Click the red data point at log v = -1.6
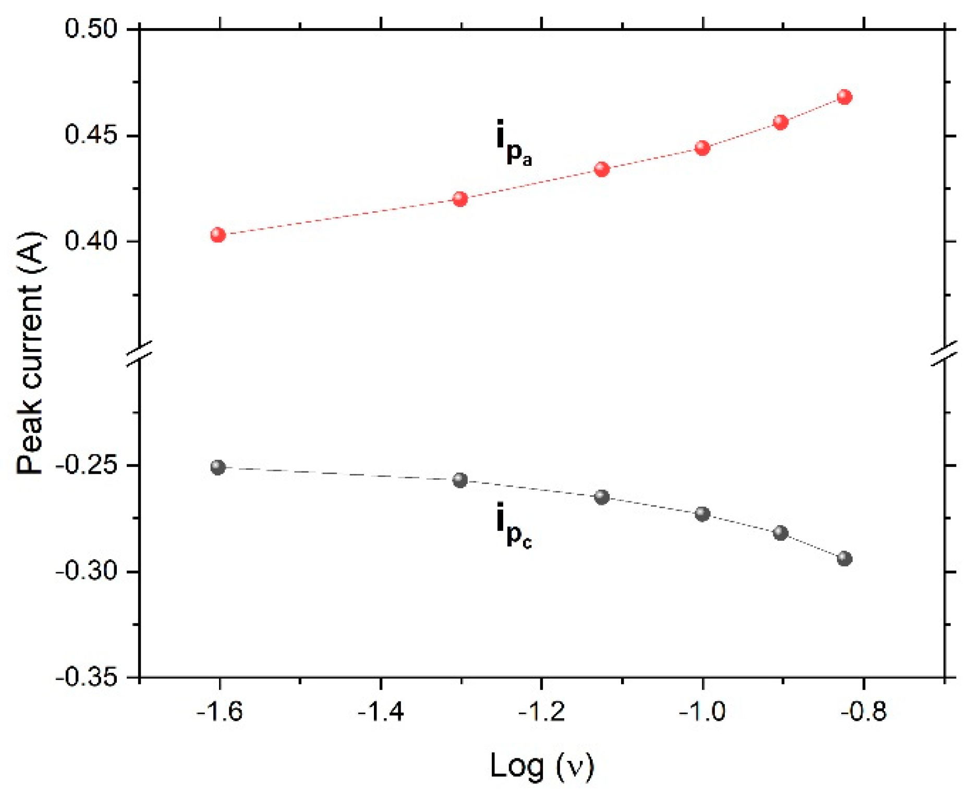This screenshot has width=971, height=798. [x=218, y=235]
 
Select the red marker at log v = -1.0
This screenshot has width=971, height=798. [x=702, y=148]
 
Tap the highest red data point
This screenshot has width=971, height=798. [x=844, y=97]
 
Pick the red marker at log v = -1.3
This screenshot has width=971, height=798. [x=460, y=199]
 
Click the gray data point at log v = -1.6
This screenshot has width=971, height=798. [x=218, y=467]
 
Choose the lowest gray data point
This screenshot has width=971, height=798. [x=844, y=559]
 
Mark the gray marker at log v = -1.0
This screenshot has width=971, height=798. [x=702, y=514]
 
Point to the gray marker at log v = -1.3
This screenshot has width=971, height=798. [x=460, y=480]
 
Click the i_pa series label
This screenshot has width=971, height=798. [x=514, y=142]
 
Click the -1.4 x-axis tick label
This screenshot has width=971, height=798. [x=380, y=711]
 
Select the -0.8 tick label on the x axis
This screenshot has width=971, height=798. [x=863, y=711]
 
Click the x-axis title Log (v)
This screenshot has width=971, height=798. [x=542, y=766]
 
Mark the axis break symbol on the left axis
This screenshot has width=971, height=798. [x=140, y=353]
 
